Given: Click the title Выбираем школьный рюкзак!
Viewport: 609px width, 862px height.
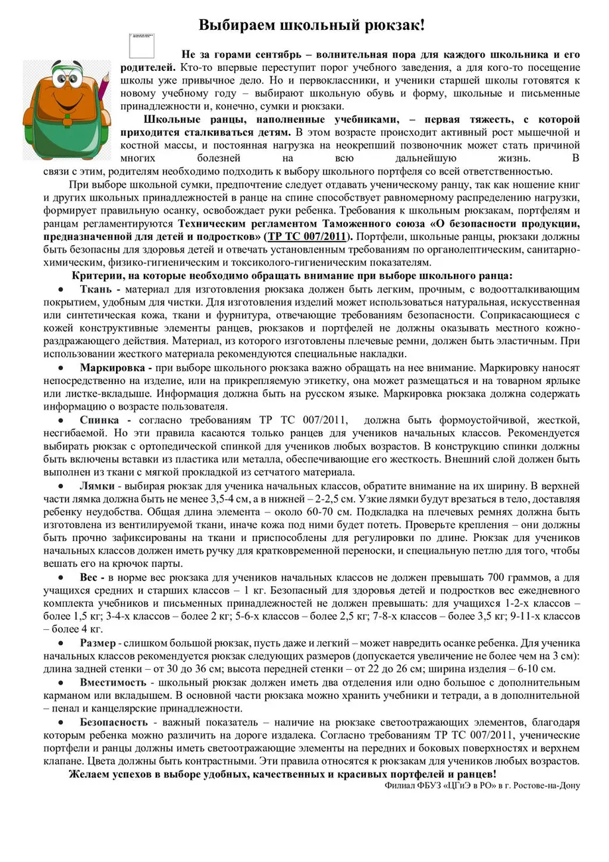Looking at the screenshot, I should coord(311,26).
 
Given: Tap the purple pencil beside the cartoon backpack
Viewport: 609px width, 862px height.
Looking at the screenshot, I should coord(105,99).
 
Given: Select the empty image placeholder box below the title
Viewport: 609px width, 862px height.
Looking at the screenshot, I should coord(142,45).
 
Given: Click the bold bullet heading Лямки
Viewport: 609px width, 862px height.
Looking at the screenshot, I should coord(98,485).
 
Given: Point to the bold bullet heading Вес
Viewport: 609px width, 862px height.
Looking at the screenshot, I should coord(93,578).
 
